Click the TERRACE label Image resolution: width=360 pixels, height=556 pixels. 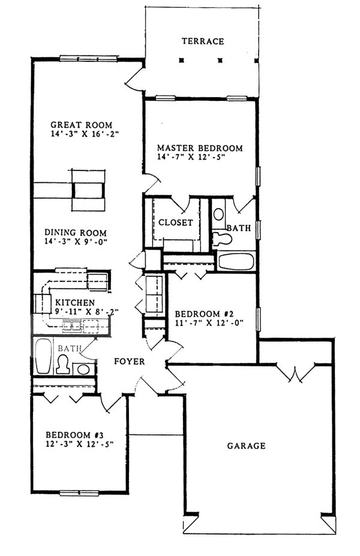click(203, 41)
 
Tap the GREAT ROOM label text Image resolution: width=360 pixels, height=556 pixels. click(81, 125)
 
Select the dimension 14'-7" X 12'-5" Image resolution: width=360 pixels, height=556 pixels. click(191, 157)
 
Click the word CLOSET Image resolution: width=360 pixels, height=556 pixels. click(176, 223)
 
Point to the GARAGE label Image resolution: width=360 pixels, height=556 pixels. click(246, 446)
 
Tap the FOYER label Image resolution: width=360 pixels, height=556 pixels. click(130, 361)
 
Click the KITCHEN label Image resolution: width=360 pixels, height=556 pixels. click(75, 303)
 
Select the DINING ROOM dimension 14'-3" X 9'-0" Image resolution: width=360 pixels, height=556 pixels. click(76, 242)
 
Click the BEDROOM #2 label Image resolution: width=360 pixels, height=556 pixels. click(204, 314)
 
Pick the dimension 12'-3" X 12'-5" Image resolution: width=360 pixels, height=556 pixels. click(80, 444)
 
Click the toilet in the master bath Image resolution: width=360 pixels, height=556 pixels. click(222, 238)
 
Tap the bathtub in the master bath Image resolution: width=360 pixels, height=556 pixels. click(236, 262)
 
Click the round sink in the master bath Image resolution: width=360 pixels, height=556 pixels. click(218, 214)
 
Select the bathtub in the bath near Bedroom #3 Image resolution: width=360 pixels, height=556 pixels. click(43, 356)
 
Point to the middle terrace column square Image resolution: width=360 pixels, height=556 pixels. click(220, 61)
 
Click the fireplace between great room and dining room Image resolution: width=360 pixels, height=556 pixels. click(88, 190)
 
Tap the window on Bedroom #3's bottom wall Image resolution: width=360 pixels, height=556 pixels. click(79, 492)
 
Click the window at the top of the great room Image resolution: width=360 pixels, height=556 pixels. click(88, 59)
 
